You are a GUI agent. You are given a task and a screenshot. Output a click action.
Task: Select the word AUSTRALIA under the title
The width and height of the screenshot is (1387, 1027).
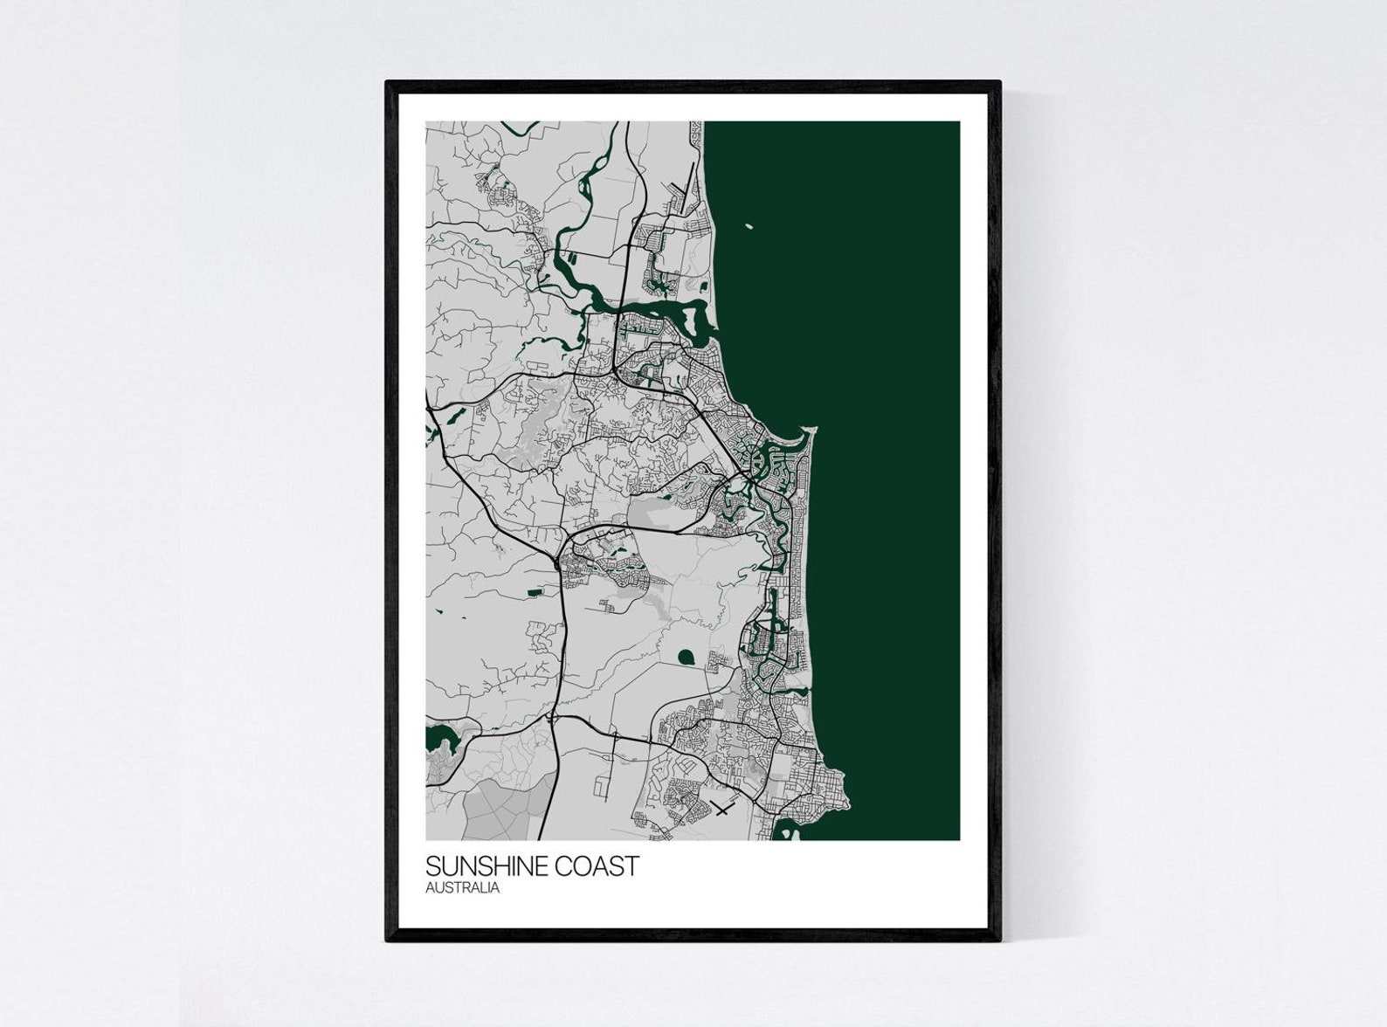click(x=462, y=888)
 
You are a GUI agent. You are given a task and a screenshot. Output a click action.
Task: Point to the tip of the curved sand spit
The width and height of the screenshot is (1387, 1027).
click(x=812, y=428)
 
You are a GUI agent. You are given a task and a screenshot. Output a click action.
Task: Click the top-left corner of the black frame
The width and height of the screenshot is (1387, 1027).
click(x=387, y=82)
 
